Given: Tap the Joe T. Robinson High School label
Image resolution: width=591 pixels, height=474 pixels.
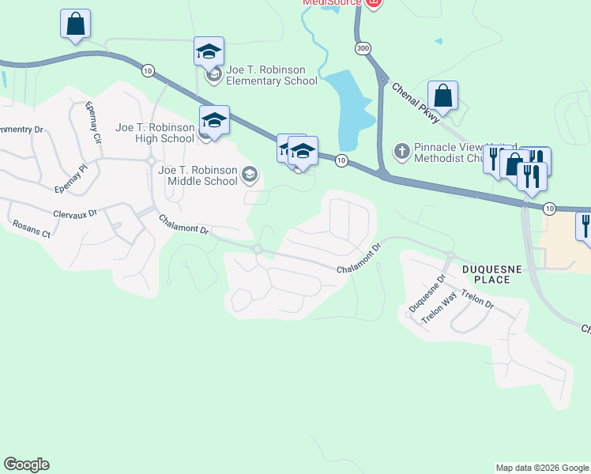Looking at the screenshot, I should tap(155, 133).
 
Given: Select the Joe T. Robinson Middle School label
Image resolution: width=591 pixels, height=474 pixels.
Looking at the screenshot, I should tap(198, 175).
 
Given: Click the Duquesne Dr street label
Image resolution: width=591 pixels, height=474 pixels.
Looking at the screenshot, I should tap(427, 293).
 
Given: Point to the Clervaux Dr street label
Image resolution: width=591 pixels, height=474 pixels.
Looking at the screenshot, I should tap(74, 213).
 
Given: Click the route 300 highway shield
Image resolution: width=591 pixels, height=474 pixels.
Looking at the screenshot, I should tap(362, 49).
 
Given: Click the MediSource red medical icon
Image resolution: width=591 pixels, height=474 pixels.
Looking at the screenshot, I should tap(374, 2).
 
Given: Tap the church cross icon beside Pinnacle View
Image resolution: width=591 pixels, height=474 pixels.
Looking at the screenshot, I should tap(401, 149).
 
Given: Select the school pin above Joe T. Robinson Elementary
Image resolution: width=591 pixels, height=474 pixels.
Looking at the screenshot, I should tap(209, 52).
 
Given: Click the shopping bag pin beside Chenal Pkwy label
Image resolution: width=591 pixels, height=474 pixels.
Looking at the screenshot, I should tap(443, 96).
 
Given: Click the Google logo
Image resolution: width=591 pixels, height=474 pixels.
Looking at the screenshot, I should tap(26, 465).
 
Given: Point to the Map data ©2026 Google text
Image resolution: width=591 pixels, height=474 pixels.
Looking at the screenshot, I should tap(541, 468).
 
